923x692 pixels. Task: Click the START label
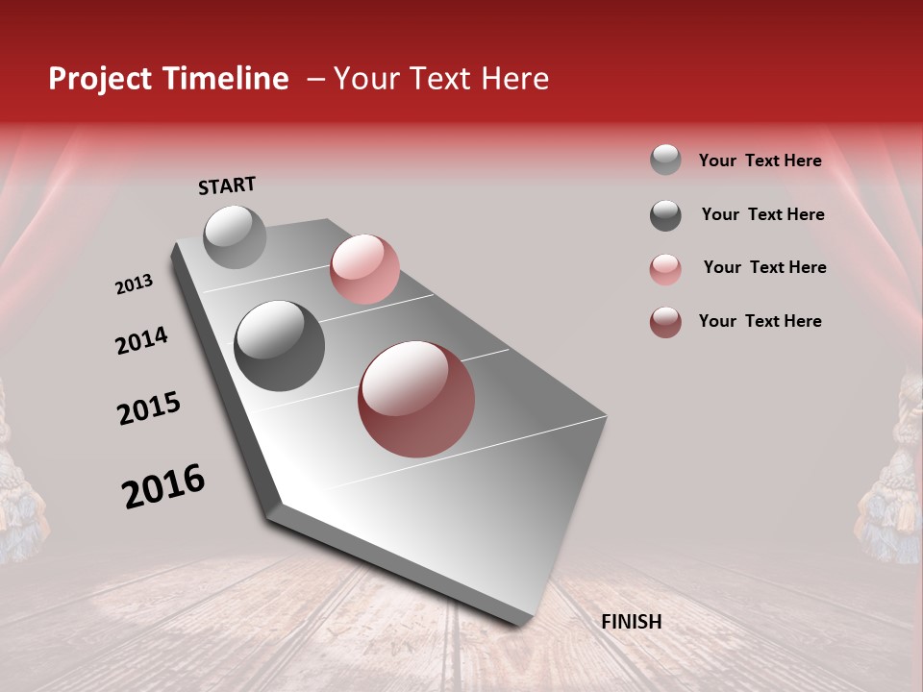[227, 185]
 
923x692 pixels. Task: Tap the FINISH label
[632, 622]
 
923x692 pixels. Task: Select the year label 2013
[134, 284]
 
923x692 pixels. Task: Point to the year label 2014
[141, 341]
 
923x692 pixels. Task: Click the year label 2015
[149, 408]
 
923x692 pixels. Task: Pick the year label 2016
[163, 486]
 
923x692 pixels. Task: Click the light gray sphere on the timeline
[235, 236]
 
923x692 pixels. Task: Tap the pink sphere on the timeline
[364, 268]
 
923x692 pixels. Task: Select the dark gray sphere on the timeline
[279, 345]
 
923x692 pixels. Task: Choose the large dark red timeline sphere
[416, 399]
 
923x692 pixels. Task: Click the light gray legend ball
[665, 161]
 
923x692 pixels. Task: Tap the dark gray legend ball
[665, 215]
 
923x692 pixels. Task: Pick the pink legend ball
[665, 269]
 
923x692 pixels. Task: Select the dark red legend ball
[665, 322]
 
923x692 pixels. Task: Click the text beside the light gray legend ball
[760, 161]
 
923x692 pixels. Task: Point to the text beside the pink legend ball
[764, 267]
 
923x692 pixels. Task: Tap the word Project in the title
[99, 79]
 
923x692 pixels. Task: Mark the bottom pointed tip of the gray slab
[520, 626]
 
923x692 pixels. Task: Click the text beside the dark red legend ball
[760, 321]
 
